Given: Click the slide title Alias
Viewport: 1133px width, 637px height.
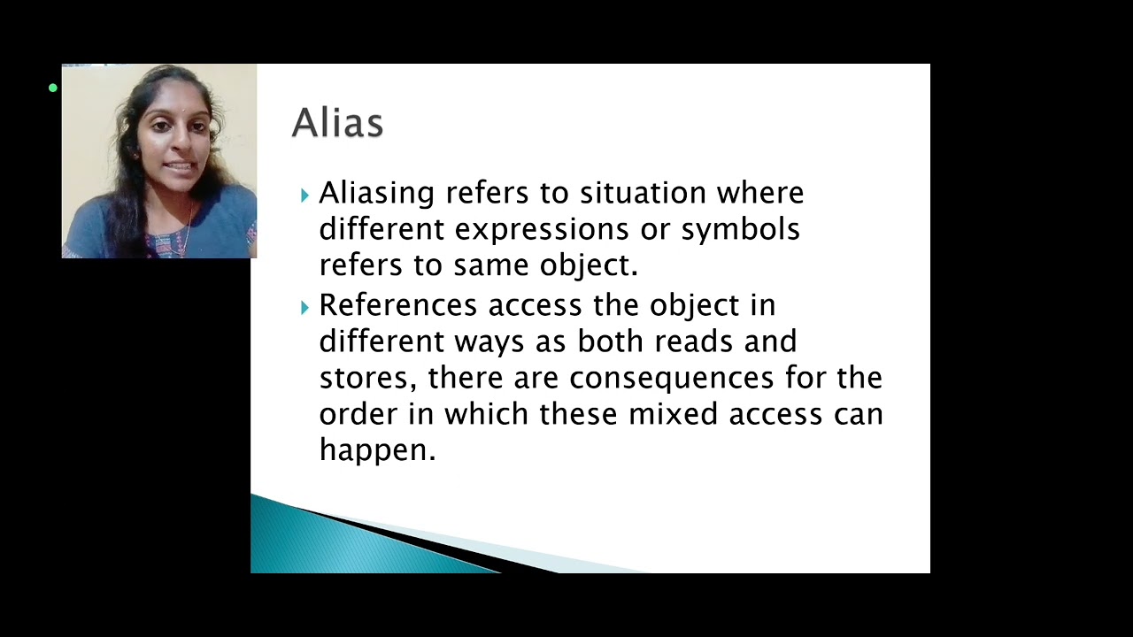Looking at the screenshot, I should tap(337, 123).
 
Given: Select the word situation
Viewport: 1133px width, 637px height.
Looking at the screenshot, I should tap(644, 194).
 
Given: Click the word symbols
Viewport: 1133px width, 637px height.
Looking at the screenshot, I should tap(740, 230).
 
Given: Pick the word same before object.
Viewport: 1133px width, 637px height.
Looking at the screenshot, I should tap(525, 265).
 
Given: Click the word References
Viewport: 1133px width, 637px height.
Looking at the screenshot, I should tap(397, 305).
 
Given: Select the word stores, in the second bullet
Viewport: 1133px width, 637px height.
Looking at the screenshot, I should tap(368, 379).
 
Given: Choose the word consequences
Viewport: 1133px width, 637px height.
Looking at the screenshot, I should tap(671, 379).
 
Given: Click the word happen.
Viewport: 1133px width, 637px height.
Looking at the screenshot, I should tap(377, 450).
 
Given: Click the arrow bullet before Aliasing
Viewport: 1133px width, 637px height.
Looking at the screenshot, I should tap(304, 195).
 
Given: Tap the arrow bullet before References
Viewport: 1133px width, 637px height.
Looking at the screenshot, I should tap(304, 307).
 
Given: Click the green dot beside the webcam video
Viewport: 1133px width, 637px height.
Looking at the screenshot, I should tap(53, 88).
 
